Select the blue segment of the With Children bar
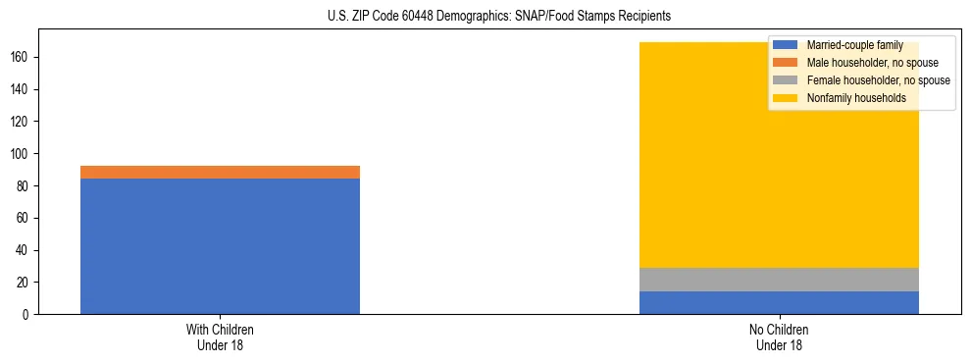(x=220, y=246)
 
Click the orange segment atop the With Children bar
(x=220, y=173)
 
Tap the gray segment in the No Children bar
(x=779, y=280)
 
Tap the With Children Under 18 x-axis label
(x=220, y=337)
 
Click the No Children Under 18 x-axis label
(x=779, y=337)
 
